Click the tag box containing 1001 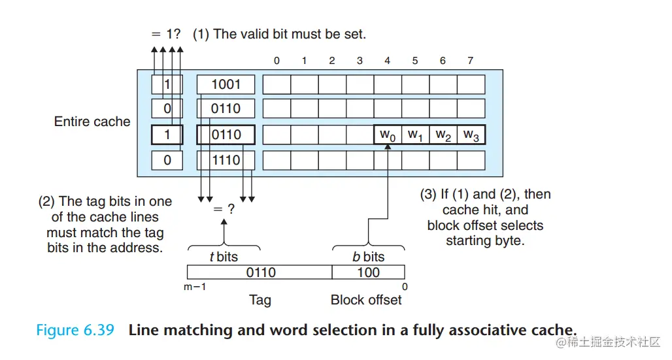coord(226,84)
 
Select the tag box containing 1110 coord(226,160)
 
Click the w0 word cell coord(388,135)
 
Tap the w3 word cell coord(471,135)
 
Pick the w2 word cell coord(443,135)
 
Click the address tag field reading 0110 coord(260,272)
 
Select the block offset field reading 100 coord(369,272)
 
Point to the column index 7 coord(470,61)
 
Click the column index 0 coord(277,61)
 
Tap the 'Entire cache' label coord(92,122)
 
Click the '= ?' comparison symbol coord(224,209)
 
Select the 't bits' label coord(224,257)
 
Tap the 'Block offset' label coord(366,300)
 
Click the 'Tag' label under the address coord(260,300)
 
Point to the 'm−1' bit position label coord(195,287)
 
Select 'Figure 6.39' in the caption coord(75,330)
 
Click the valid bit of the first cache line coord(167,84)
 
